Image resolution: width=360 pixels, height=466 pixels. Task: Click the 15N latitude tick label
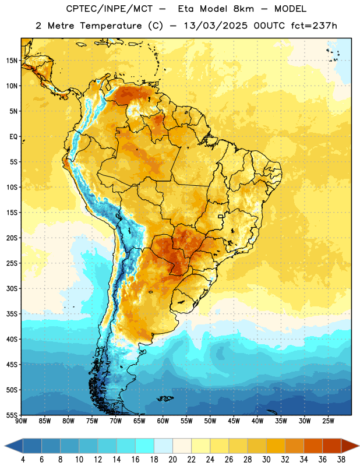(x=12, y=61)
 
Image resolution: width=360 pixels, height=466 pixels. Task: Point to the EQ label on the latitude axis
(x=13, y=137)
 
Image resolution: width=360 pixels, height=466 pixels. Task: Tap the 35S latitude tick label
(x=12, y=314)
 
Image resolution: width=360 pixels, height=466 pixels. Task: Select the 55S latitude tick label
(x=12, y=415)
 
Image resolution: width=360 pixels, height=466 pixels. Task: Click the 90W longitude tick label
(x=21, y=421)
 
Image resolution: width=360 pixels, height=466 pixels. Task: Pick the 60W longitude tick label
(x=163, y=421)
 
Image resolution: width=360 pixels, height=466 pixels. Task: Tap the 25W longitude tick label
(x=328, y=421)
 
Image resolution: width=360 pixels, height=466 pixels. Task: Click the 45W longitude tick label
(x=234, y=421)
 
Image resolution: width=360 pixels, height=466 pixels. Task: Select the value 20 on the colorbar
(x=172, y=460)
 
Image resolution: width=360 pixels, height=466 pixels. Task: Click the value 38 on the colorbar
(x=341, y=460)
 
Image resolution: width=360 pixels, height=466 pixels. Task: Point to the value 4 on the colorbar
(x=23, y=460)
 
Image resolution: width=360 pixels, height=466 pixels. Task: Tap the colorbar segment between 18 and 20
(x=163, y=446)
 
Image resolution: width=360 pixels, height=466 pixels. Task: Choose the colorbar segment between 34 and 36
(x=313, y=446)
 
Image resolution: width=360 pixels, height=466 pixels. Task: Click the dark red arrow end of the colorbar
(x=350, y=446)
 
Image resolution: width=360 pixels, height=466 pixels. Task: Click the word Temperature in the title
(x=111, y=26)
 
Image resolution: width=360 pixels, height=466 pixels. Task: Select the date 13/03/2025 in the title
(x=216, y=26)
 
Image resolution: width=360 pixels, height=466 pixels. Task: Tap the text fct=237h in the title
(x=314, y=26)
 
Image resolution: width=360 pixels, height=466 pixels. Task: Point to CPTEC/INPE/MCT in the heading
(x=110, y=9)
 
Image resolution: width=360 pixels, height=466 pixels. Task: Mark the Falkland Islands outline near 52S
(x=165, y=398)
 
